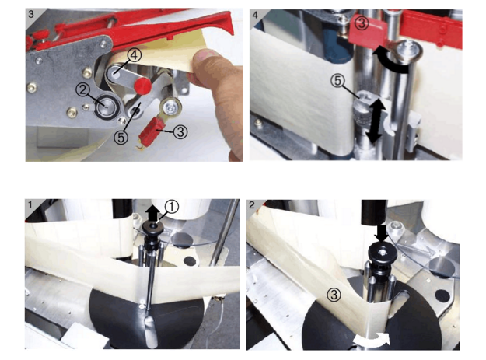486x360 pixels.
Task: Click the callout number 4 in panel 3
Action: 134,56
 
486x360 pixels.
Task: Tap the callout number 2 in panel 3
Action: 82,90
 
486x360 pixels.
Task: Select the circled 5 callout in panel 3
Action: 121,137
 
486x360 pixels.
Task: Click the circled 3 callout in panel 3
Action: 180,131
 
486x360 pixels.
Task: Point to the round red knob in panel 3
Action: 142,86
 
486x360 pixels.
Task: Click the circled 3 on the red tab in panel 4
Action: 362,23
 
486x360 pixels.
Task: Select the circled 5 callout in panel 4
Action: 337,81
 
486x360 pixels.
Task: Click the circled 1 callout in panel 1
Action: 171,207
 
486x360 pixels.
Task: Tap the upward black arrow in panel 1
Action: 153,213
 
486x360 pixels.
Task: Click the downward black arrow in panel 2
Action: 381,233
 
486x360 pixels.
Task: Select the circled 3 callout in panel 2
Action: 334,295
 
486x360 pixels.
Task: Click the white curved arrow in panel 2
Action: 372,340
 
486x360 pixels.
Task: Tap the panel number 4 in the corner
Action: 255,16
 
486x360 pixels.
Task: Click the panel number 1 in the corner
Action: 30,204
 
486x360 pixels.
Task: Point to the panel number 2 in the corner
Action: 252,204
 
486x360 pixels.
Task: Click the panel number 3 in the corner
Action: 31,14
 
